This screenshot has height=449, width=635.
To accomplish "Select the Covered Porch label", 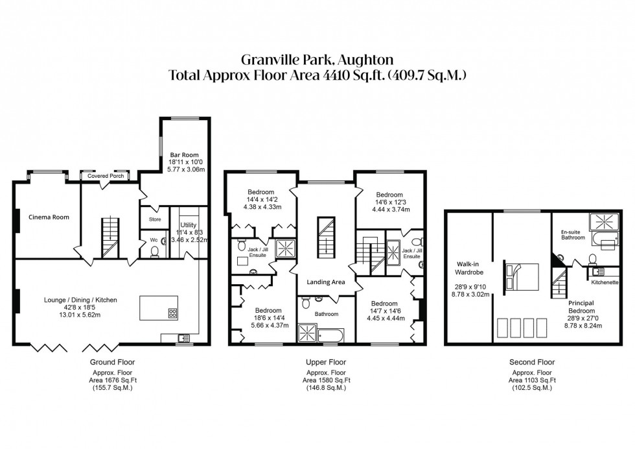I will point(104,176).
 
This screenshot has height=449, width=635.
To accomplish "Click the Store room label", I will point(154,219).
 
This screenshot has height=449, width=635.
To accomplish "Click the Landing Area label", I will point(325,282).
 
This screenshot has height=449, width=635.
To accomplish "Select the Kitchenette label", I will point(603,283).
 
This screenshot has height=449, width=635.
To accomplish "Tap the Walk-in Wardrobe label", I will point(471,268).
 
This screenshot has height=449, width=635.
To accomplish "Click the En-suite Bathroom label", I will point(573,234).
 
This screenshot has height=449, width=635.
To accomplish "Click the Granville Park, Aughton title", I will point(317,60).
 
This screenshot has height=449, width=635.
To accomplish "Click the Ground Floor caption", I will point(111,362).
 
